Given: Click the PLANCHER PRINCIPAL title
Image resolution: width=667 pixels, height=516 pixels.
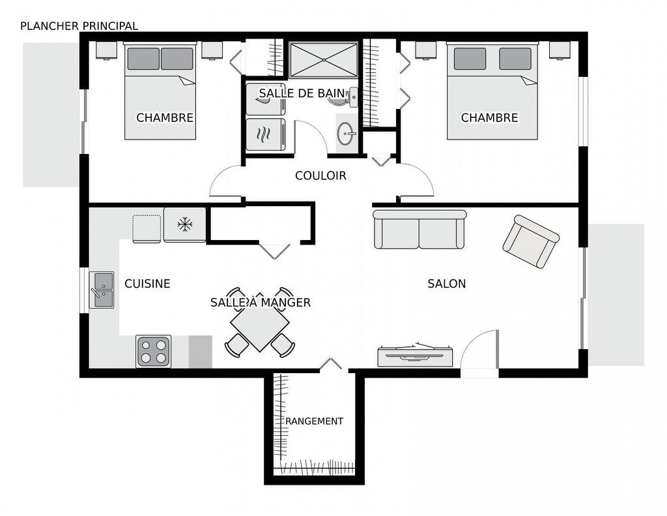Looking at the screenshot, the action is click(79, 26).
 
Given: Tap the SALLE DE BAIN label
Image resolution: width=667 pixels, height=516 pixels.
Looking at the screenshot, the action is click(302, 93).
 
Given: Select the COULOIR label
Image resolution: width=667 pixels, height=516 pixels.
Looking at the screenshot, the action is click(320, 175).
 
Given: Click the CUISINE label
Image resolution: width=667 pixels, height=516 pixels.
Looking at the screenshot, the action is click(147, 283).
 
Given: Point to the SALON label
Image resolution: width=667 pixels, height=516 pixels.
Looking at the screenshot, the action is click(447, 283).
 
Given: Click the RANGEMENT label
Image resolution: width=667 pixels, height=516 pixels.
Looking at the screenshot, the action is click(315, 421).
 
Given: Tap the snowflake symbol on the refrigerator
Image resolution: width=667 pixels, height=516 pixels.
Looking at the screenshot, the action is click(185, 224).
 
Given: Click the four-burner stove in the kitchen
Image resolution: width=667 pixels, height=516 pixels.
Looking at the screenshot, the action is click(154, 352).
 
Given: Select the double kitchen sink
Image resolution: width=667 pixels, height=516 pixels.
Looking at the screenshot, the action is click(102, 290).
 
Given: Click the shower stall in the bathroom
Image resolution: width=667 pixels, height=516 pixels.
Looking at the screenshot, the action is click(323, 59).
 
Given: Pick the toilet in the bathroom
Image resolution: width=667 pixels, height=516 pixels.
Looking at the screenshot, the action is click(344, 97).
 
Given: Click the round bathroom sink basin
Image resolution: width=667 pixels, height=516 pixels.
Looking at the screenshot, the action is click(347, 133).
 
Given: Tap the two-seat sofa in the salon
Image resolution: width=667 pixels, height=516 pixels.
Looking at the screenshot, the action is click(419, 229).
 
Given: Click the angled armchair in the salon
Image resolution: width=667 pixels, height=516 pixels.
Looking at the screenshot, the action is click(531, 241).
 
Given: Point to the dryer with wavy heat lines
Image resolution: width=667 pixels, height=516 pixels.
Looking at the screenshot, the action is click(266, 134).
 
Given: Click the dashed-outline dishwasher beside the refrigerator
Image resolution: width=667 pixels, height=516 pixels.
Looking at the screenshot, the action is click(147, 229).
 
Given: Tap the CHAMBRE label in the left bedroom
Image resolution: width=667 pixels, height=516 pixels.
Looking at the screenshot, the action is click(165, 117).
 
